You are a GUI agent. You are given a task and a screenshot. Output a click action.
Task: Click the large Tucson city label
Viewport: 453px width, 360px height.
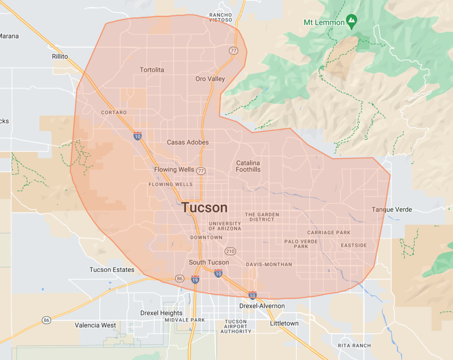[x=204, y=208]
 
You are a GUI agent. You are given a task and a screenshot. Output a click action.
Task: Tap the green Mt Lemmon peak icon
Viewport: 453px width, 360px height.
[x=351, y=20]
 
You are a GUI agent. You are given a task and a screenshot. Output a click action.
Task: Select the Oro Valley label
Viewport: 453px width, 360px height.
[x=210, y=79]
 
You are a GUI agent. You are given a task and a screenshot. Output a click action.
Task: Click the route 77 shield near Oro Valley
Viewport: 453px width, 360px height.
[x=233, y=50]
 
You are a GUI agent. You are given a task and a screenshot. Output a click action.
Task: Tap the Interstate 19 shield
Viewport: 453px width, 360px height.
[x=195, y=279]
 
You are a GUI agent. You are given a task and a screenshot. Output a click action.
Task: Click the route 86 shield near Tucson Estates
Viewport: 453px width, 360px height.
[x=179, y=279]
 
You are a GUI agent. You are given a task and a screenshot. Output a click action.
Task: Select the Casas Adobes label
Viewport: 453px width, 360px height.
[x=188, y=143]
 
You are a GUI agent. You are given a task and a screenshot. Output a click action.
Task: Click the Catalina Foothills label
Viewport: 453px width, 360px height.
[x=248, y=166]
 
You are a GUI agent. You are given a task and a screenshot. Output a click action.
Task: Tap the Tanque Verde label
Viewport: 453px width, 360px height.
[x=392, y=209]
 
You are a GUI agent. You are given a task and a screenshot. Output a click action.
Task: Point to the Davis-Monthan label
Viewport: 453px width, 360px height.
[x=269, y=264]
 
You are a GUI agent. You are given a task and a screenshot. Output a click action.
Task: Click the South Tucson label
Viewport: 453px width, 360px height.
[x=209, y=262]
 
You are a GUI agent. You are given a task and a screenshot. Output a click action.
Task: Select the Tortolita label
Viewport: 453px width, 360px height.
[x=152, y=70]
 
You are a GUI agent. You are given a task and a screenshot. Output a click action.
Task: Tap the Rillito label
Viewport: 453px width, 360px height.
[x=60, y=56]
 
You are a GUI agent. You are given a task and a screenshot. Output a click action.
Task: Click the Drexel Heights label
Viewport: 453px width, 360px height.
[x=161, y=313]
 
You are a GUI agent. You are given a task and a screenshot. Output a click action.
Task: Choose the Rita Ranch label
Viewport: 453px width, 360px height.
[x=354, y=345]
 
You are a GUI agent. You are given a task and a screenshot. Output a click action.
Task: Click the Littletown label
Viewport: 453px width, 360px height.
[x=284, y=323]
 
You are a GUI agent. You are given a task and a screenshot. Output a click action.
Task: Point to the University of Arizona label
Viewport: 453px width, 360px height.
[x=225, y=226]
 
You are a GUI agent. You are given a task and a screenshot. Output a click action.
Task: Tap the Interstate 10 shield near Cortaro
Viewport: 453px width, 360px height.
[x=138, y=136]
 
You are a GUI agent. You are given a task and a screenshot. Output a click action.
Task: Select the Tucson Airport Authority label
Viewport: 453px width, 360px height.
[x=236, y=326]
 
